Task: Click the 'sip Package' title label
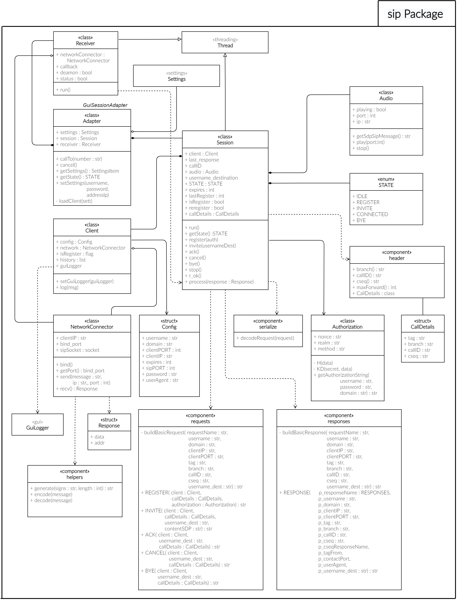click(x=415, y=14)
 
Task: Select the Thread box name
click(x=225, y=46)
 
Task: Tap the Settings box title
click(x=177, y=79)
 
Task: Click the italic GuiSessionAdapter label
click(x=105, y=105)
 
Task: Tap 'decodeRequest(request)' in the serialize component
click(x=267, y=338)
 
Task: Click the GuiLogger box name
click(x=38, y=428)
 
